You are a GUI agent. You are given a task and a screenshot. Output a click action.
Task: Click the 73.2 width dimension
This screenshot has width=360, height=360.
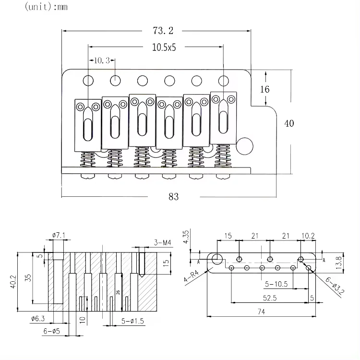[163, 31]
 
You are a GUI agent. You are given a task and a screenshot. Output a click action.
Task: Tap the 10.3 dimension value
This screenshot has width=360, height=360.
[102, 60]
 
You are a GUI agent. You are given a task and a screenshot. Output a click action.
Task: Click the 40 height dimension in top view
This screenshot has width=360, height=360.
[289, 123]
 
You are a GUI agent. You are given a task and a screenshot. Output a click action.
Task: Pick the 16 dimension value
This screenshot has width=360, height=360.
[265, 89]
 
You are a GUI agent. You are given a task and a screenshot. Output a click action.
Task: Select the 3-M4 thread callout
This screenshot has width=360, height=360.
[163, 242]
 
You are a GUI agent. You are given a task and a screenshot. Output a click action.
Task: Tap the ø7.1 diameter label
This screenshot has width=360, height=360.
[58, 235]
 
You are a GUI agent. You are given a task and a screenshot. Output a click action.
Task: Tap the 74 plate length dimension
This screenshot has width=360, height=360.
[262, 312]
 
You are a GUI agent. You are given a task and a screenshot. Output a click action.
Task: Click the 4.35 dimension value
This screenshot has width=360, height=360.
[187, 237]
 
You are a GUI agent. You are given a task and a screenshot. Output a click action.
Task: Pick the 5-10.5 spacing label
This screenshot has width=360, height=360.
[276, 284]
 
